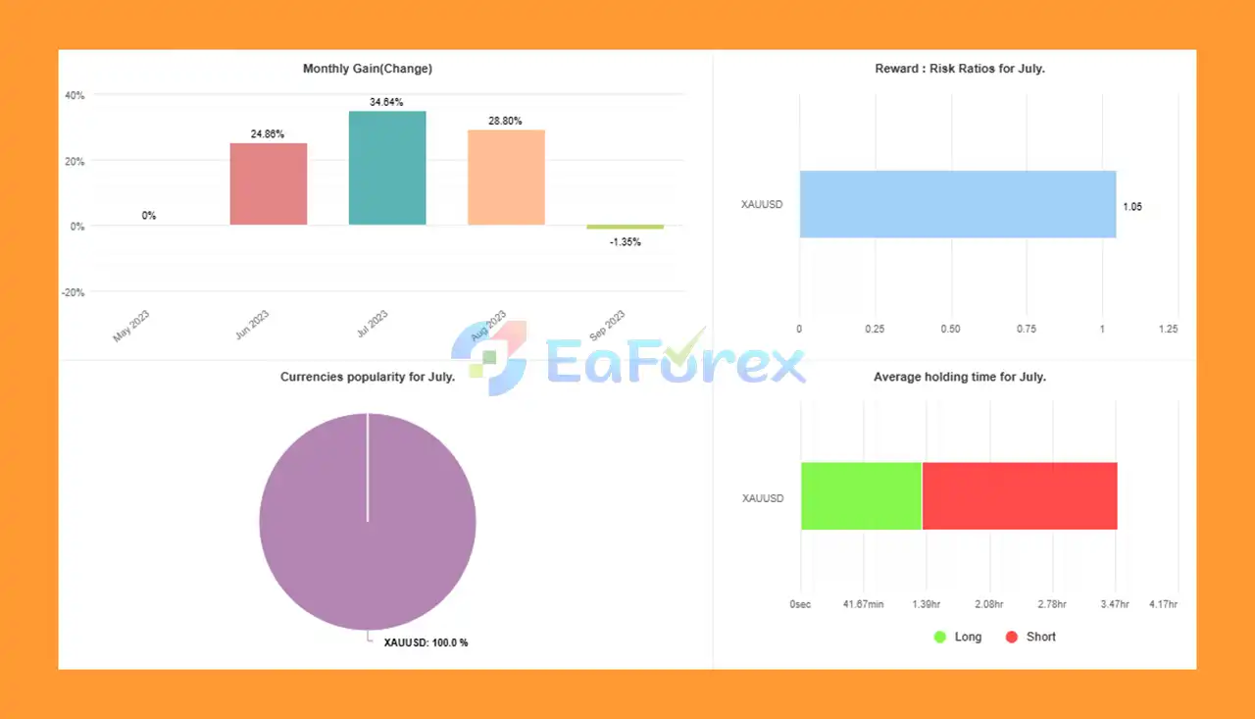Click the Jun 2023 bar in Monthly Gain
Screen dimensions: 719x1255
[x=268, y=183]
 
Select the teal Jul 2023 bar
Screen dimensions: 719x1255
[x=387, y=168]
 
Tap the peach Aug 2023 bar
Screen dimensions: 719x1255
[x=506, y=178]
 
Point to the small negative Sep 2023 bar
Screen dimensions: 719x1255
[x=625, y=227]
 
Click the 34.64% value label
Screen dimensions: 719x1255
[x=387, y=102]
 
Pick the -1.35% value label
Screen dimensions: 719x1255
[x=625, y=242]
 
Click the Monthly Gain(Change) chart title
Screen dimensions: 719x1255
[x=368, y=69]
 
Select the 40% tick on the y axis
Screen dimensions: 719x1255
[x=75, y=95]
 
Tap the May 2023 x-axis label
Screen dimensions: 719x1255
[x=131, y=327]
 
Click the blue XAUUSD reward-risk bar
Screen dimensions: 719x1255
[x=957, y=204]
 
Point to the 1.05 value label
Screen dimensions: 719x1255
[x=1132, y=207]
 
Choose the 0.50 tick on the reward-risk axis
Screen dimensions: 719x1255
[x=950, y=330]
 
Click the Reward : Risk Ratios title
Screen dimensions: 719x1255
[x=959, y=69]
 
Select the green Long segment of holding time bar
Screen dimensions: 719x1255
[x=861, y=495]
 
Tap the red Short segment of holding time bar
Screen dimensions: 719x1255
[x=1019, y=495]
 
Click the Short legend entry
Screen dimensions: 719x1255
[x=1031, y=637]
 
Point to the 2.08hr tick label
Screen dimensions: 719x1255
[x=989, y=605]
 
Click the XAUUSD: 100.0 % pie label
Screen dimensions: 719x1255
[x=426, y=642]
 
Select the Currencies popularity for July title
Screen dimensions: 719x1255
[x=368, y=377]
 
